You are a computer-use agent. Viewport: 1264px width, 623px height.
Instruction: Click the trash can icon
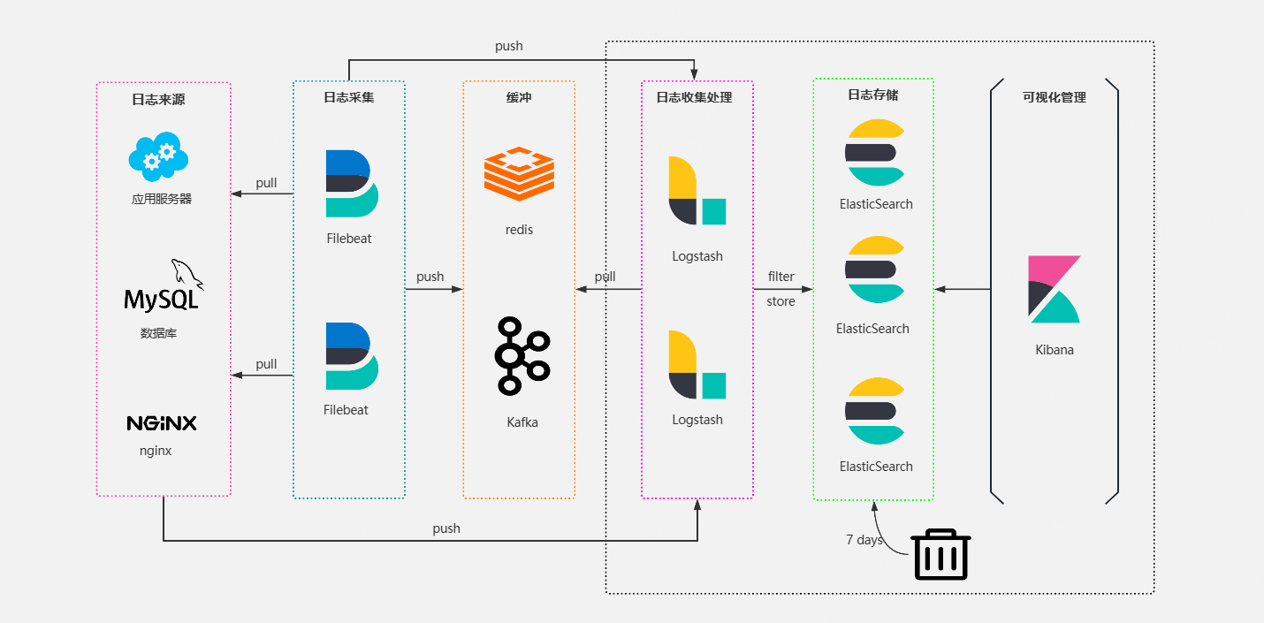[941, 554]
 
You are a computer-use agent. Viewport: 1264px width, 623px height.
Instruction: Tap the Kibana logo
[1055, 289]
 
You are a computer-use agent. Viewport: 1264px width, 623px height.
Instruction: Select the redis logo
[519, 175]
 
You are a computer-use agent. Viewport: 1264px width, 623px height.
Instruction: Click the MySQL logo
[163, 286]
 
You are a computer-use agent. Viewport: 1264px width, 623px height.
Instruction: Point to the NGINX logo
[162, 423]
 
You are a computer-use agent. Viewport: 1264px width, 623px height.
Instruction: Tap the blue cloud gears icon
[159, 156]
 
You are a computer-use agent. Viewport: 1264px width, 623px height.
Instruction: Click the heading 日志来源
[158, 100]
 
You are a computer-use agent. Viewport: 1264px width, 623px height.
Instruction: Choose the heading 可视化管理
[1055, 97]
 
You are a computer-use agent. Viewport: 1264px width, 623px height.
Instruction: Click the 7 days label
[864, 539]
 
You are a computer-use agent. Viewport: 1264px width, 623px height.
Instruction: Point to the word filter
[781, 277]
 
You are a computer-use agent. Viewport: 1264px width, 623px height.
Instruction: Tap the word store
[780, 301]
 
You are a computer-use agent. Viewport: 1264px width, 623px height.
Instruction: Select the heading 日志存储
[872, 95]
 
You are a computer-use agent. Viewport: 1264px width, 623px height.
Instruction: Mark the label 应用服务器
[162, 199]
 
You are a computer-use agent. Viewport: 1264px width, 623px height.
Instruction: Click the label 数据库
[158, 333]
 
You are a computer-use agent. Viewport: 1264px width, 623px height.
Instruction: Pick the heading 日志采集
[348, 97]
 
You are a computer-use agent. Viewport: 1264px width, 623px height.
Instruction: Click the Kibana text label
[1055, 349]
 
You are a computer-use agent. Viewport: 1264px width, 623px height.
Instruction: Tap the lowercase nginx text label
[156, 450]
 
